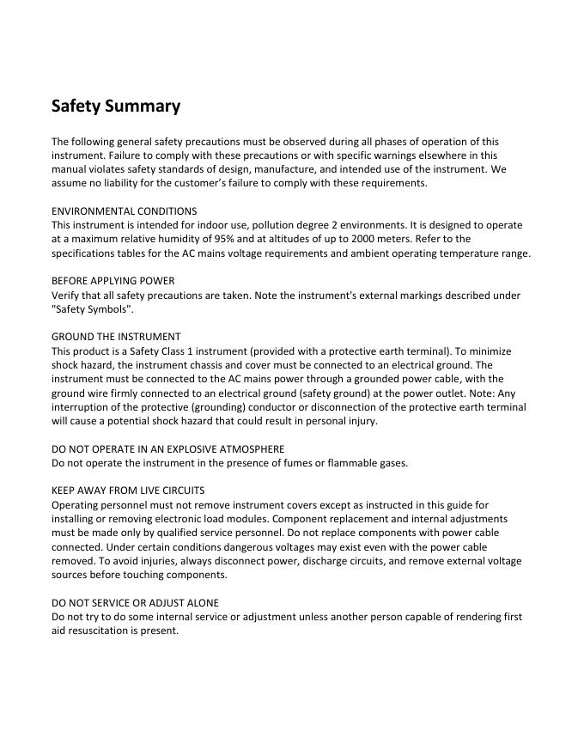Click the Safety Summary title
116,107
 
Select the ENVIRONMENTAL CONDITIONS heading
124,210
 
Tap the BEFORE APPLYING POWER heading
113,281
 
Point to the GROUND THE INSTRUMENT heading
116,337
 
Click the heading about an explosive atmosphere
167,448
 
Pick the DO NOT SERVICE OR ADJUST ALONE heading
135,602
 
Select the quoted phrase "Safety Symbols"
92,309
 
